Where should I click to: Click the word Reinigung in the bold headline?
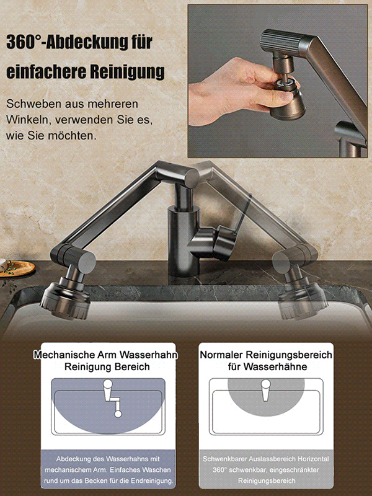click(x=126, y=71)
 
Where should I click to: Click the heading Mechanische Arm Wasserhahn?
click(x=105, y=355)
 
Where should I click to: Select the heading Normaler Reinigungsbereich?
click(x=265, y=355)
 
